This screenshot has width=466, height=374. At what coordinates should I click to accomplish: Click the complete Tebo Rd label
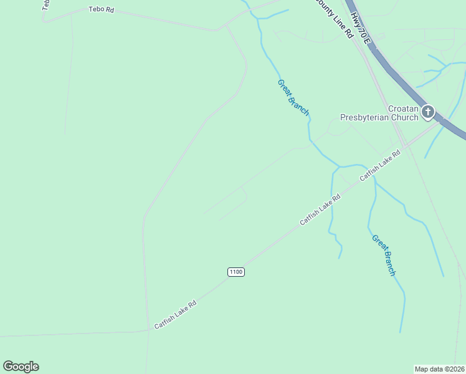pos(102,9)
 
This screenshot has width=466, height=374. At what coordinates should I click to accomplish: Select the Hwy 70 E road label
pos(361,28)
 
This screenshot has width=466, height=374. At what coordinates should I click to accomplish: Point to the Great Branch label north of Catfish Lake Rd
pos(293,97)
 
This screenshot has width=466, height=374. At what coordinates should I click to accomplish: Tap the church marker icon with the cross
pos(428,112)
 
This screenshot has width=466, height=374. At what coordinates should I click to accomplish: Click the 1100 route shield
pos(235,272)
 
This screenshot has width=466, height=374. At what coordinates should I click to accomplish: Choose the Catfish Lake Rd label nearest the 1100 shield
pos(176,314)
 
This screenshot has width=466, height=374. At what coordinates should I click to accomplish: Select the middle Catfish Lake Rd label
pos(320,210)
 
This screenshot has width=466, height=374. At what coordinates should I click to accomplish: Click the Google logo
pos(21,367)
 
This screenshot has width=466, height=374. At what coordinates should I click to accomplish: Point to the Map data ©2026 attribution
pos(439,368)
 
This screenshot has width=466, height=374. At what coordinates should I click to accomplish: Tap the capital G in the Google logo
pos(8,367)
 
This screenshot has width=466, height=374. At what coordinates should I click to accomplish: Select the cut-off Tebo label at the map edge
pos(45,5)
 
